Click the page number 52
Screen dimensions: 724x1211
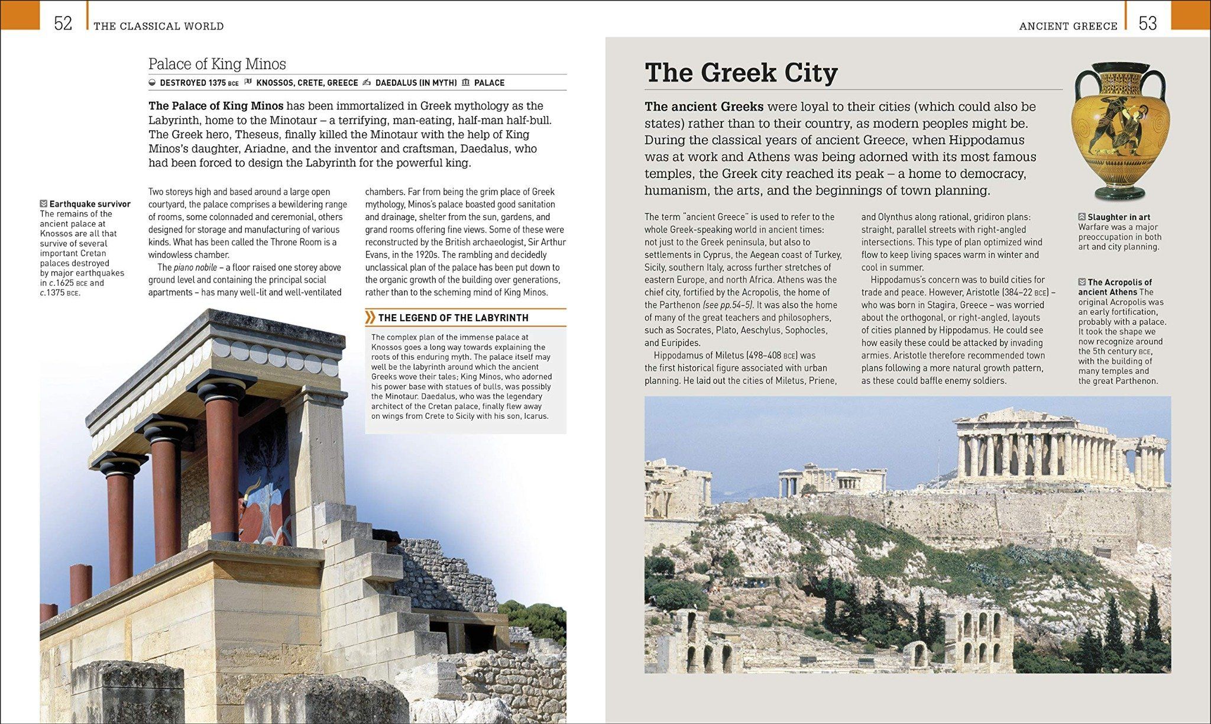(x=63, y=23)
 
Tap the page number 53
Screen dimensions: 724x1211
(x=1148, y=23)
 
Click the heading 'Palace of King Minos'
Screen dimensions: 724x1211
(x=217, y=64)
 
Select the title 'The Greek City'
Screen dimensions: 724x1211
(x=741, y=73)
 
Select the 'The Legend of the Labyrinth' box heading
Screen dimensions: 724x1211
(x=453, y=318)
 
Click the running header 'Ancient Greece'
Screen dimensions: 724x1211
(x=1068, y=26)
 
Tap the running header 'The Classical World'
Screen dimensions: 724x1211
(x=158, y=26)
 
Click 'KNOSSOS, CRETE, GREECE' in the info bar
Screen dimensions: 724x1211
(x=307, y=83)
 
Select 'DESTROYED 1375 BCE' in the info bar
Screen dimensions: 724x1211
(x=199, y=83)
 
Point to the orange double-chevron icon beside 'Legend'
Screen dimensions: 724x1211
(x=370, y=318)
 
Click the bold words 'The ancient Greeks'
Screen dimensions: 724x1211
(x=704, y=107)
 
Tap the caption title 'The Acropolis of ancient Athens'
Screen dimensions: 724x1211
(x=1116, y=287)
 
